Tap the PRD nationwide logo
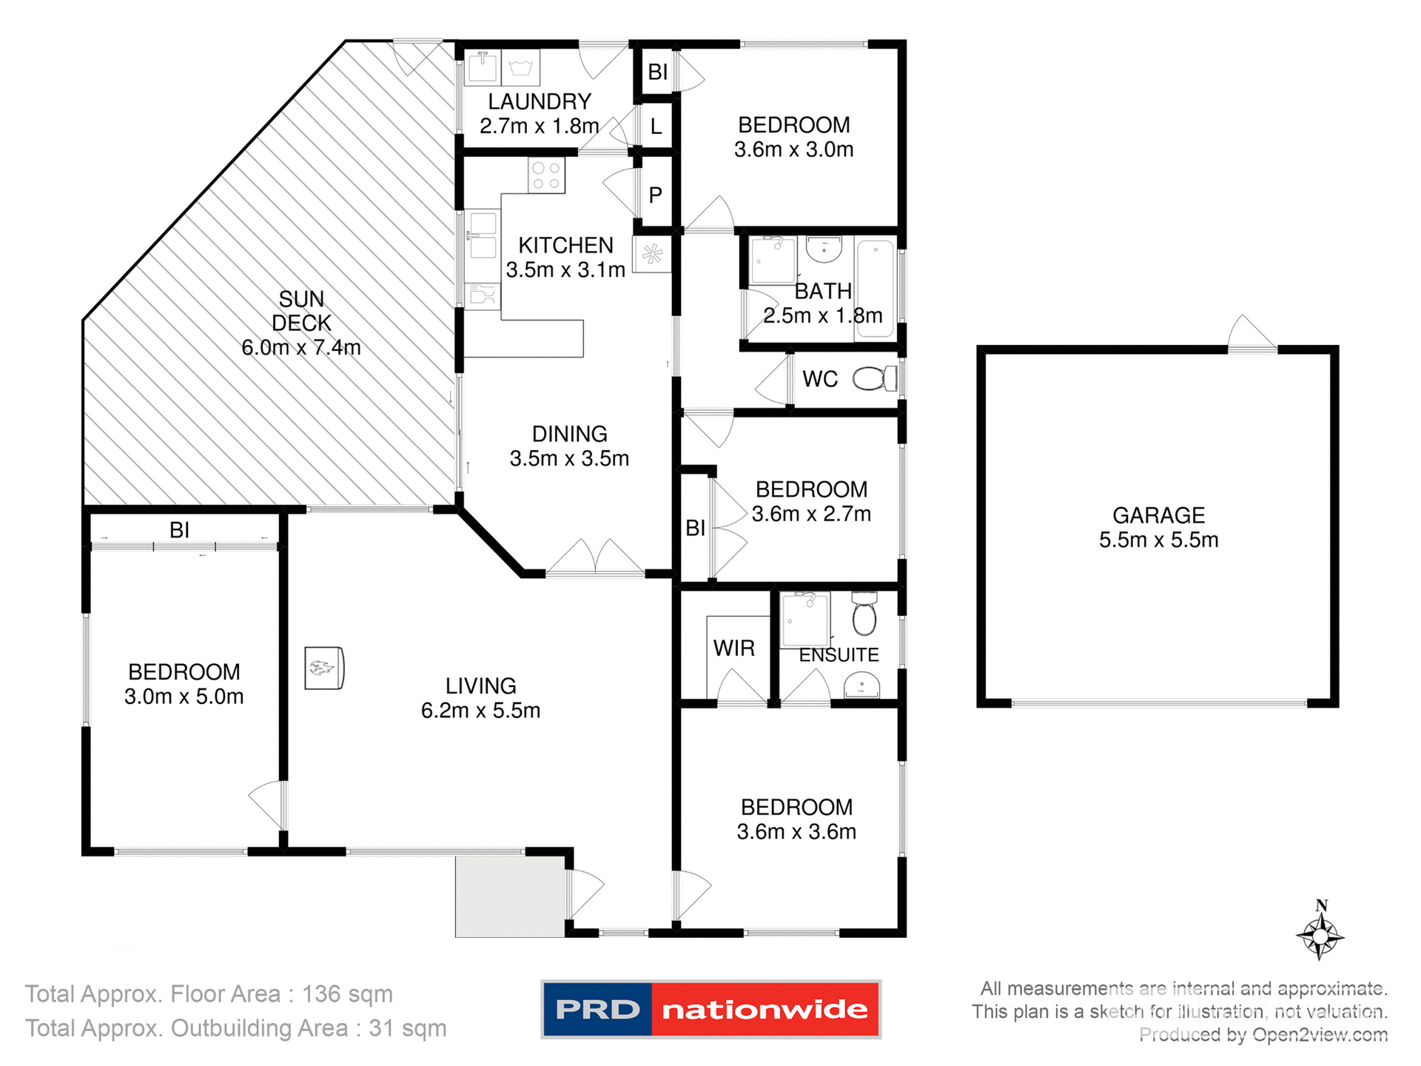click(710, 1009)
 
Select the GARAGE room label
click(1158, 515)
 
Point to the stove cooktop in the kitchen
click(547, 175)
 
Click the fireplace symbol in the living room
click(324, 668)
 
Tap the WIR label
click(733, 648)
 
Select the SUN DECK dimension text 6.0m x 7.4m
click(301, 347)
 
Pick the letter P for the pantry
click(655, 195)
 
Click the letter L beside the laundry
click(656, 127)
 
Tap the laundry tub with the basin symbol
click(521, 68)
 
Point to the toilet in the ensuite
click(864, 614)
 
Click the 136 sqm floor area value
click(347, 994)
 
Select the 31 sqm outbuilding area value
click(408, 1028)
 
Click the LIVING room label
click(480, 686)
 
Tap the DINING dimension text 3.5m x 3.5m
click(569, 459)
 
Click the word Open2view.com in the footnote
click(1320, 1035)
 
